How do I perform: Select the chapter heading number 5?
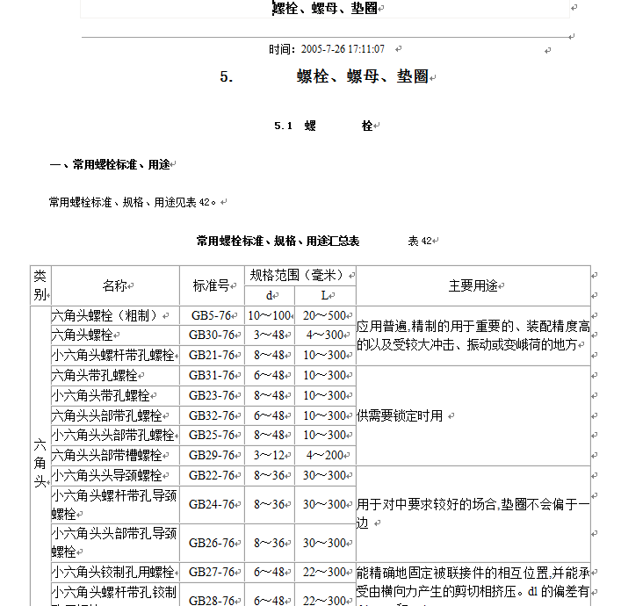pyautogui.click(x=227, y=77)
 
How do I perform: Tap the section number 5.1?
pyautogui.click(x=282, y=126)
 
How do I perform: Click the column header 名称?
pyautogui.click(x=114, y=285)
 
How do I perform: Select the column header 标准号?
pyautogui.click(x=211, y=285)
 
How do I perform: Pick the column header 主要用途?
pyautogui.click(x=473, y=285)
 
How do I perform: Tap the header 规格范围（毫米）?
pyautogui.click(x=300, y=275)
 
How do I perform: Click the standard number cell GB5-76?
pyautogui.click(x=211, y=315)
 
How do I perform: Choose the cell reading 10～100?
pyautogui.click(x=269, y=315)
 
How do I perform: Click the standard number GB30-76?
pyautogui.click(x=212, y=335)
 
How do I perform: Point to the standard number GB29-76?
pyautogui.click(x=212, y=456)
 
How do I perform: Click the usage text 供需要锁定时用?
pyautogui.click(x=400, y=415)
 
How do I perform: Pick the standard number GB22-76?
pyautogui.click(x=212, y=475)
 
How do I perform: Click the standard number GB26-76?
pyautogui.click(x=212, y=543)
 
